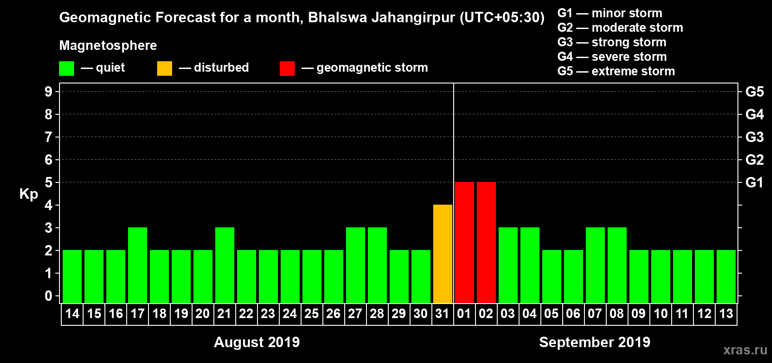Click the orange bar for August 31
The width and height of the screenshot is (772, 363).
[443, 254]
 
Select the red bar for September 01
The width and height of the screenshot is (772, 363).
[465, 242]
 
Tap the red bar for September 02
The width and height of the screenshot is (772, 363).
[486, 242]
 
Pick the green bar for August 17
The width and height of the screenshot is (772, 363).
[138, 265]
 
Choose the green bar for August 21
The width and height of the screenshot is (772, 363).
[225, 265]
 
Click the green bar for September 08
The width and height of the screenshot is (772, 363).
[617, 265]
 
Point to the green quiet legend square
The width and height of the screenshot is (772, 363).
[67, 69]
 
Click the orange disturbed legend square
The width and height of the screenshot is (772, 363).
[164, 69]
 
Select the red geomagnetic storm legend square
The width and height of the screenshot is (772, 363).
[287, 69]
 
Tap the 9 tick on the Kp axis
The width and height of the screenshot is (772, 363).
[49, 92]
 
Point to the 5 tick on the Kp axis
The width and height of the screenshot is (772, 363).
[49, 182]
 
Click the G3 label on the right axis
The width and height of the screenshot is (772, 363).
[754, 137]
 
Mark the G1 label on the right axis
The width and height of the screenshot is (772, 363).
[754, 182]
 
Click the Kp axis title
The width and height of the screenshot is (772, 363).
[29, 194]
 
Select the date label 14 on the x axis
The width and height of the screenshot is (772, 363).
[72, 314]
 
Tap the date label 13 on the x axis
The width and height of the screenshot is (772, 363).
[726, 314]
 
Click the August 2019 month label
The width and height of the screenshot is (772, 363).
[257, 342]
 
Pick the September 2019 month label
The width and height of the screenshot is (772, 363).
[594, 342]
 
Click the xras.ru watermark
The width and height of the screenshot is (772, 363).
[745, 350]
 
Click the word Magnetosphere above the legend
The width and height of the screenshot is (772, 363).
[108, 45]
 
